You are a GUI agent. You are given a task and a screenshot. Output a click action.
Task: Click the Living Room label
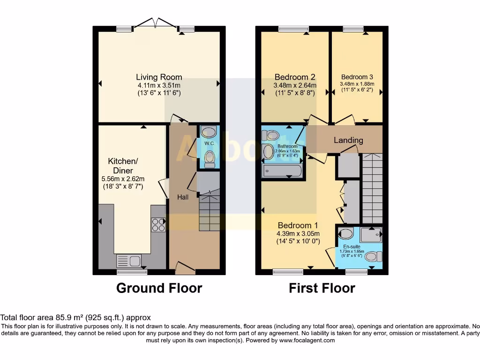point(159,77)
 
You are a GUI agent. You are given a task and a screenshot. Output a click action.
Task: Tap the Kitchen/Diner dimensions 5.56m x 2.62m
point(123,179)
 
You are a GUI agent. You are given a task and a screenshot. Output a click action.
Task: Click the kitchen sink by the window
point(129,260)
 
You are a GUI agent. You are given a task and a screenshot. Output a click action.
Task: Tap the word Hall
point(183,197)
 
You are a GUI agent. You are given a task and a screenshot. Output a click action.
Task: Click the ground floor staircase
point(209,213)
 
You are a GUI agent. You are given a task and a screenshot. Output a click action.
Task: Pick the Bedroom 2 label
point(294,77)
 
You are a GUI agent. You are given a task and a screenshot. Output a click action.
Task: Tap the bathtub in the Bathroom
point(282,171)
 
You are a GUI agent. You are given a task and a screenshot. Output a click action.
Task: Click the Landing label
point(348,140)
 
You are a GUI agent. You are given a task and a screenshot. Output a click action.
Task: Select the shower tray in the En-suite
point(371,234)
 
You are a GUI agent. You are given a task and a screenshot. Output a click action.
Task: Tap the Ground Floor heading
point(159,288)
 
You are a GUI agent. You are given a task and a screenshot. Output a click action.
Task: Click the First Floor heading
point(322,288)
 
